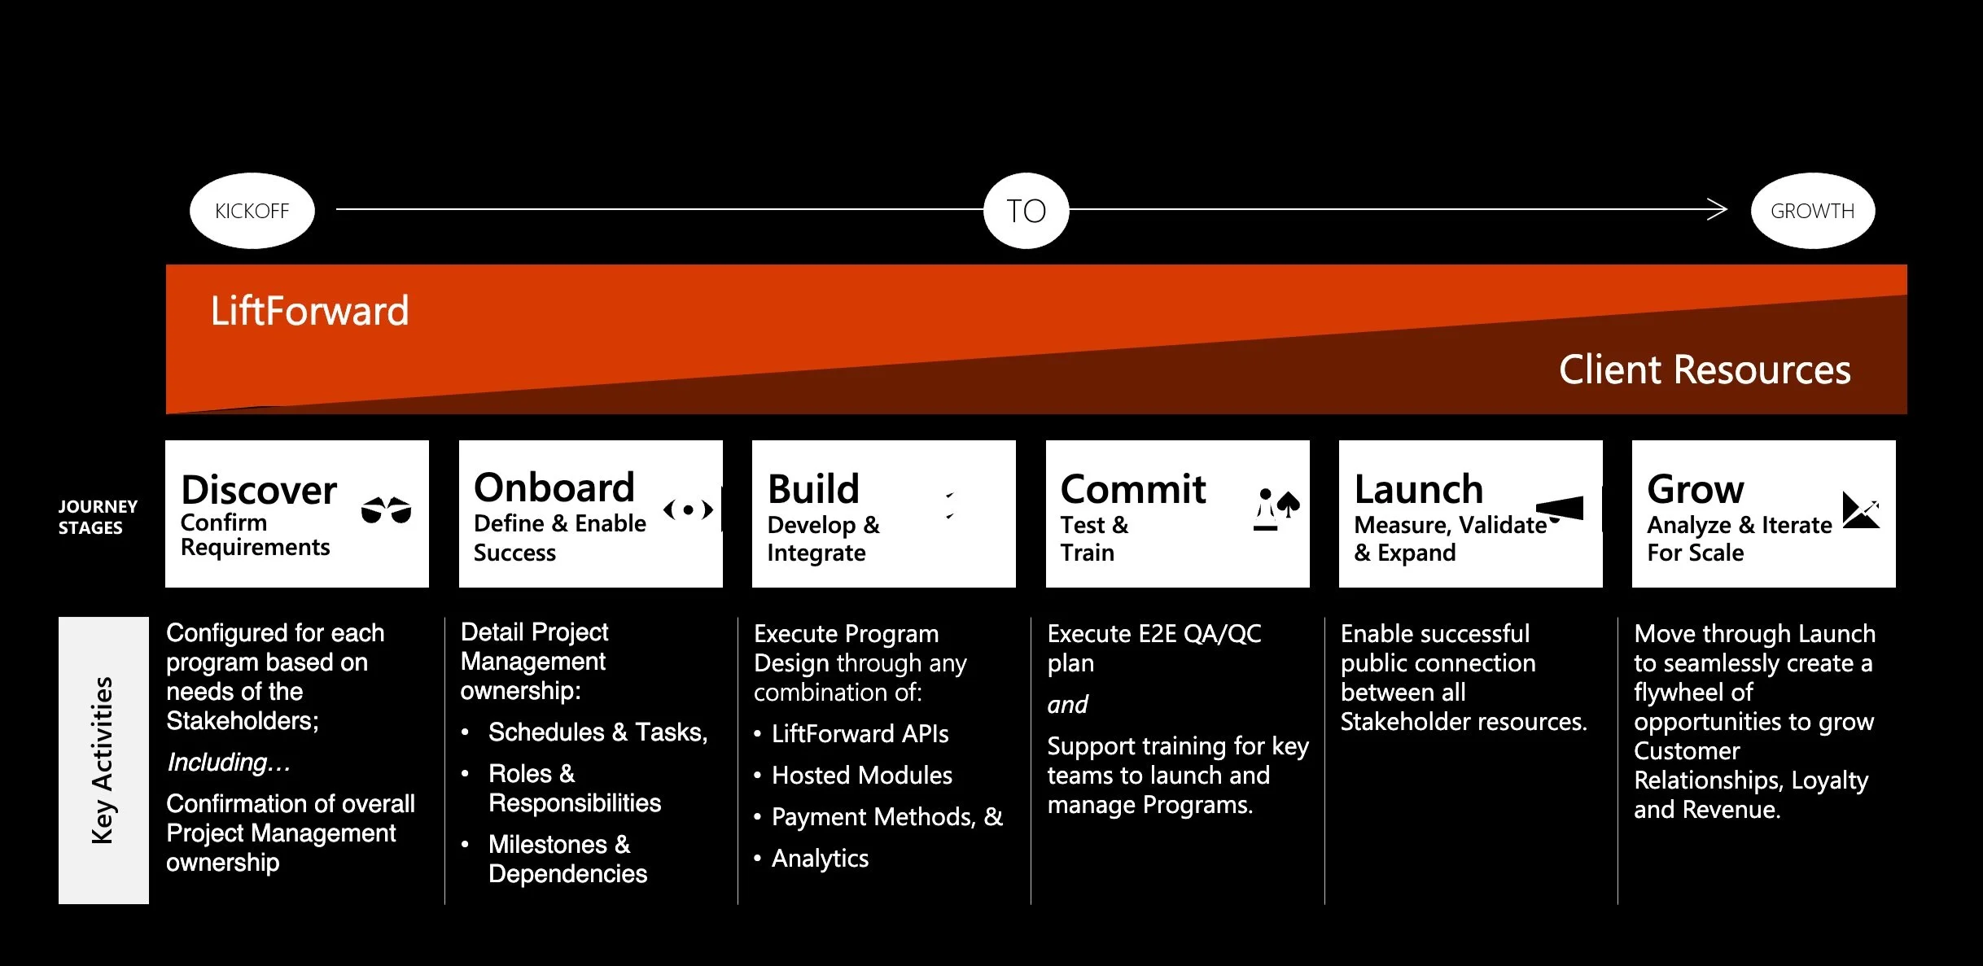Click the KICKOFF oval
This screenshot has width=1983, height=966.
point(252,211)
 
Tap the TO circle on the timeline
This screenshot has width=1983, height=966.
point(1026,211)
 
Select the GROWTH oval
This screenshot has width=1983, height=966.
point(1812,211)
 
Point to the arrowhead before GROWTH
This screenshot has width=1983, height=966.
point(1717,209)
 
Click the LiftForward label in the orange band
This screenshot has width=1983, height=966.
point(309,311)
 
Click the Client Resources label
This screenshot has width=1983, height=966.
point(1704,369)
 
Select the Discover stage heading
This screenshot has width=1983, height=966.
point(259,490)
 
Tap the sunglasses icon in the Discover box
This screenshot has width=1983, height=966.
point(386,510)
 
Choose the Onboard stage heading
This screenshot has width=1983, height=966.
point(554,487)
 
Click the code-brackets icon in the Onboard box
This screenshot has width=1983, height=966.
point(688,510)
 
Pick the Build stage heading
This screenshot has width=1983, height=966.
point(813,489)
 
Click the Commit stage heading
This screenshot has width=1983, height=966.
point(1132,489)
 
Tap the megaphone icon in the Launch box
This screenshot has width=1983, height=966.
point(1561,509)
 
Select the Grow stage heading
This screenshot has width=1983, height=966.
point(1696,489)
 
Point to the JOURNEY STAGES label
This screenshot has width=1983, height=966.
point(97,517)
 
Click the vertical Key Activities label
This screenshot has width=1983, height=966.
point(103,760)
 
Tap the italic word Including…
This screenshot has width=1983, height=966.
point(229,763)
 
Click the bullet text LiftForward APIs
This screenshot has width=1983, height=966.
point(860,734)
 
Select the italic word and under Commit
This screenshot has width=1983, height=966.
point(1067,704)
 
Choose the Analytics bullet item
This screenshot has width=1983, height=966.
point(820,859)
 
